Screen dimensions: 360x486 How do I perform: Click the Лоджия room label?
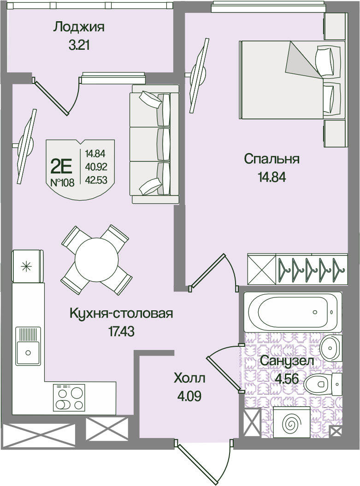(x=79, y=28)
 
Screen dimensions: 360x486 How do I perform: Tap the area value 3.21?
(x=79, y=46)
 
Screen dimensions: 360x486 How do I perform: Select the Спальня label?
(x=271, y=160)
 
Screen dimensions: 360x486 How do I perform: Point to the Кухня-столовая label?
(x=121, y=314)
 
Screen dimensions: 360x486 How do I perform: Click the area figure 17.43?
(x=121, y=332)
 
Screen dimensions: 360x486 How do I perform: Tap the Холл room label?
(x=189, y=379)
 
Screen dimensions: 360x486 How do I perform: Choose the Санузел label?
(x=287, y=361)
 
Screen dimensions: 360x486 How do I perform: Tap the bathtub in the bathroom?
(x=292, y=312)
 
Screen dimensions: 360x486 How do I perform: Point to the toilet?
(x=323, y=384)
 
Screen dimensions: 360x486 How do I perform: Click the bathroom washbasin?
(x=330, y=348)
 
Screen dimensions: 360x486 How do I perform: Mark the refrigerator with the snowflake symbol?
(x=27, y=266)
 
